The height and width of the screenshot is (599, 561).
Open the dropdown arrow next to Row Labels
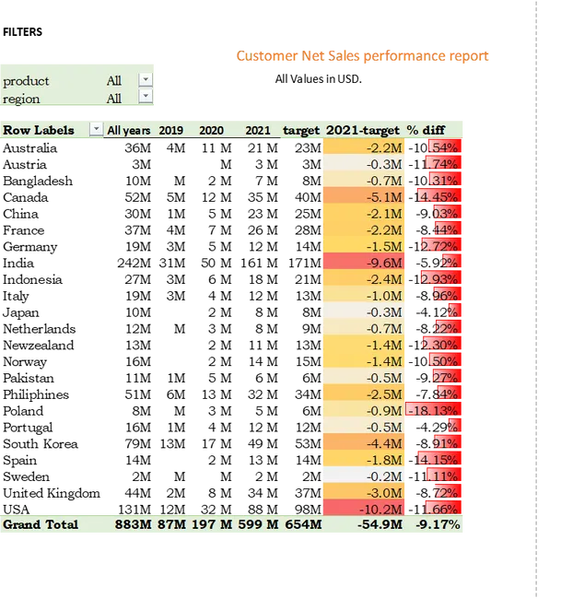click(x=96, y=130)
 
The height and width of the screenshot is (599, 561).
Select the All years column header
click(x=128, y=131)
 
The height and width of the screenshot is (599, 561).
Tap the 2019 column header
click(x=170, y=131)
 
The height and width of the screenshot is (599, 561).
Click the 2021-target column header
click(x=363, y=131)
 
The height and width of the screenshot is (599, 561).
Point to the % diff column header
click(x=426, y=131)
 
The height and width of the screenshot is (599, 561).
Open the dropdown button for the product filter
click(x=146, y=80)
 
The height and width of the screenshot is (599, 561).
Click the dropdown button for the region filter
click(x=146, y=98)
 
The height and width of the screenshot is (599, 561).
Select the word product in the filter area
click(x=26, y=81)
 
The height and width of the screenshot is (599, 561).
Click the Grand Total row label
click(x=41, y=524)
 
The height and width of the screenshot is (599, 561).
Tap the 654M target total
click(x=303, y=524)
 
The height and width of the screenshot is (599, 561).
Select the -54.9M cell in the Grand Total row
click(x=380, y=524)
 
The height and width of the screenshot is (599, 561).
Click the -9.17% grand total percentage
click(x=438, y=524)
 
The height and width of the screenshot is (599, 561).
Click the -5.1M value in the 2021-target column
click(x=384, y=197)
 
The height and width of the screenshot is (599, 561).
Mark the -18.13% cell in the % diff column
click(x=434, y=411)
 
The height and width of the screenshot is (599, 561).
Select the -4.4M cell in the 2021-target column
click(x=384, y=443)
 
